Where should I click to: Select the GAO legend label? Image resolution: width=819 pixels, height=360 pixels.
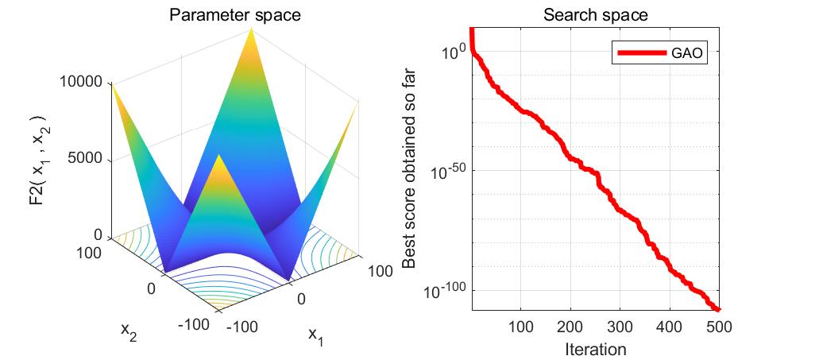click(688, 53)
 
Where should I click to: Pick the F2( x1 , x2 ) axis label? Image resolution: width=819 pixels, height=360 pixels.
click(36, 159)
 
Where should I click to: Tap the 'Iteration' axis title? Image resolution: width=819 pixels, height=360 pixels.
click(595, 349)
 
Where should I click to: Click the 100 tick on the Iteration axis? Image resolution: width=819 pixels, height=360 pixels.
click(520, 327)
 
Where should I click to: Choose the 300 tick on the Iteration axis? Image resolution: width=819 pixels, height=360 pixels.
click(620, 327)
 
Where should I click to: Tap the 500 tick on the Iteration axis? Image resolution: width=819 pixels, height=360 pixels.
click(719, 327)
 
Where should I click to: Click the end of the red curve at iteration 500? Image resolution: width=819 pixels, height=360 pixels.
click(718, 310)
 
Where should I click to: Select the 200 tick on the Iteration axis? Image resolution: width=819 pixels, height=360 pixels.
click(570, 327)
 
